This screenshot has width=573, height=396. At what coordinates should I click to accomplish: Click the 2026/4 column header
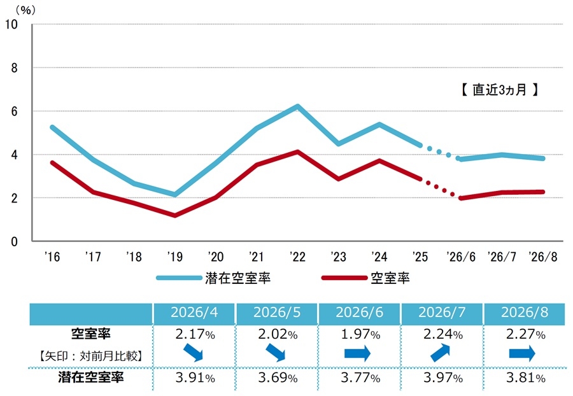click(194, 313)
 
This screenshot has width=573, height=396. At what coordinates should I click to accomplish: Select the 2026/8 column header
click(525, 313)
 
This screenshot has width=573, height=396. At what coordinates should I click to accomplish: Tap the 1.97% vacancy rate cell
click(360, 334)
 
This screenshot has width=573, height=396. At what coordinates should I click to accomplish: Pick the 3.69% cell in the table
click(278, 378)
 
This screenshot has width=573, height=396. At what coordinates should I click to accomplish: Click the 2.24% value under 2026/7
click(443, 334)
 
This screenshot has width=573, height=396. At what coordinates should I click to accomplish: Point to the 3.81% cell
click(525, 378)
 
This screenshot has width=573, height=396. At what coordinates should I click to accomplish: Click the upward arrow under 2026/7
click(441, 353)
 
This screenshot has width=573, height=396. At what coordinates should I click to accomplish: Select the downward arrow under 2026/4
click(193, 353)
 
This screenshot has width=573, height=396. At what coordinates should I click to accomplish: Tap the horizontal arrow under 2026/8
click(522, 353)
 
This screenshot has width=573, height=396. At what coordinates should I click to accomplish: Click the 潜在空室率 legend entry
click(213, 278)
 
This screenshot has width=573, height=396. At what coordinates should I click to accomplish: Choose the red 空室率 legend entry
click(365, 278)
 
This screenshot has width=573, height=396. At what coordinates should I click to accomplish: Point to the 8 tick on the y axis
click(14, 68)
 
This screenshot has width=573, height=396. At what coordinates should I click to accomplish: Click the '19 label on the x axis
click(174, 257)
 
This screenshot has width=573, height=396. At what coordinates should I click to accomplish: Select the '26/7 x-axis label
click(502, 257)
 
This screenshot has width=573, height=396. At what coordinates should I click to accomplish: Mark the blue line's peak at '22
click(298, 106)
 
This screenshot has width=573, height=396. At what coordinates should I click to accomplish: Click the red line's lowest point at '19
click(175, 216)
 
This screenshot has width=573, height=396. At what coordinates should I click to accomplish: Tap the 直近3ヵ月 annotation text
click(499, 90)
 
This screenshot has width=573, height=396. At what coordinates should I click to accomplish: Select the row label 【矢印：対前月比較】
click(90, 356)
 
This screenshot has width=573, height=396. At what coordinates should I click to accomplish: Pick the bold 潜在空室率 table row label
click(91, 377)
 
